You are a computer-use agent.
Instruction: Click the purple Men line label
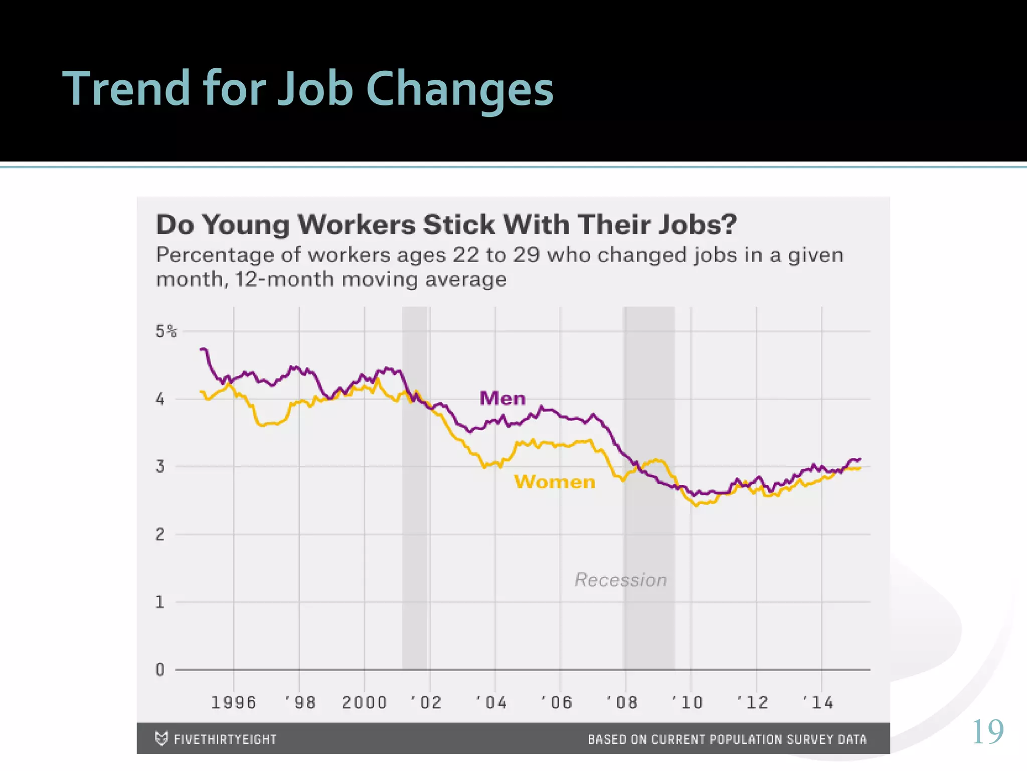click(502, 399)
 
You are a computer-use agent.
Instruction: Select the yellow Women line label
click(555, 482)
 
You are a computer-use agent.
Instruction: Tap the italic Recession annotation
click(620, 580)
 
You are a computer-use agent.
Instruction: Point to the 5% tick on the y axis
click(165, 331)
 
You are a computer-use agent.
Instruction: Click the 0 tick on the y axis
click(160, 670)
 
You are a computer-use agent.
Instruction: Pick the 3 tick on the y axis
click(160, 467)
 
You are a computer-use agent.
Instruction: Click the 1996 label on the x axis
click(234, 702)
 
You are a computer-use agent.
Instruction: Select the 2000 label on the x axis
click(365, 702)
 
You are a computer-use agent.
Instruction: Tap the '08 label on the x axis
click(622, 702)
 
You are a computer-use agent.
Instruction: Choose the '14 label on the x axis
click(818, 702)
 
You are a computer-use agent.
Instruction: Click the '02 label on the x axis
click(426, 702)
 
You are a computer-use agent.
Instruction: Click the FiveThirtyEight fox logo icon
click(161, 738)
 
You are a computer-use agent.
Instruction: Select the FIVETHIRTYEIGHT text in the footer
click(225, 739)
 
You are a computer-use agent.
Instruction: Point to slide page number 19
click(987, 732)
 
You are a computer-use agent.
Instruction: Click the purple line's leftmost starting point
click(202, 349)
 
